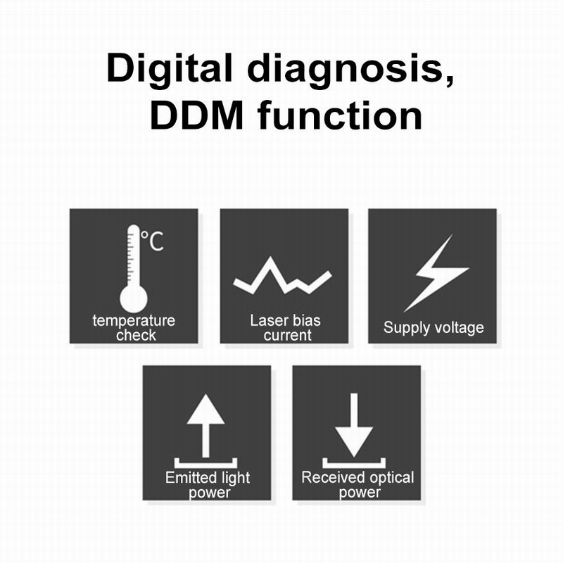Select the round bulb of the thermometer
pos(134,298)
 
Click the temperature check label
pos(134,328)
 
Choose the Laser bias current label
pos(285,328)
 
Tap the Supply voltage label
pos(434,327)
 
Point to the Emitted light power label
pos(208,485)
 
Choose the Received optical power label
pos(358,485)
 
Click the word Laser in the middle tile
pos(267,321)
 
